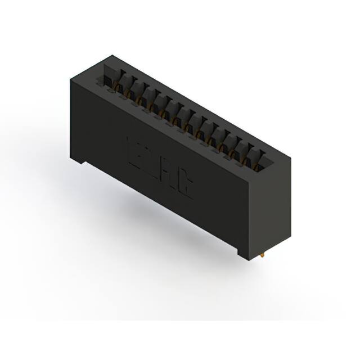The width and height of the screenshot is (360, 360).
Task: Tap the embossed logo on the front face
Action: click(160, 169)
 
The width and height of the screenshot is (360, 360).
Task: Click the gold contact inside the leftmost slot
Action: click(118, 87)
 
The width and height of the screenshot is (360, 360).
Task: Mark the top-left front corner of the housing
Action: click(71, 80)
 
